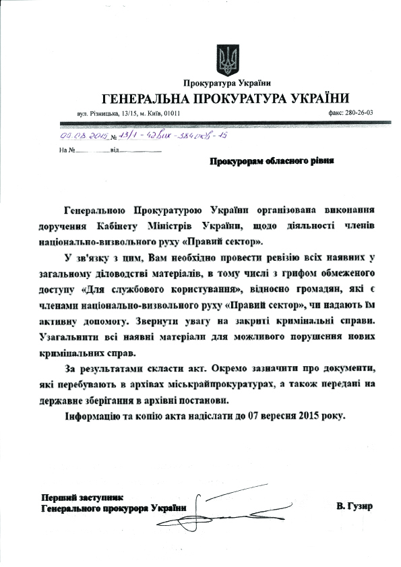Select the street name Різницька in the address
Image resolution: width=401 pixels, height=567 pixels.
[x=101, y=113]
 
